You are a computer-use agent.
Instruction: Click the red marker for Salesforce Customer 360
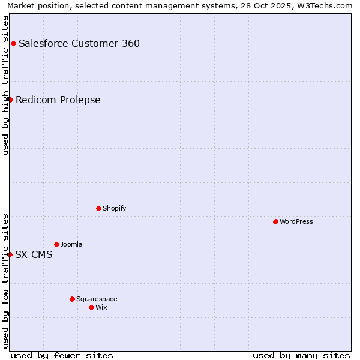click(13, 43)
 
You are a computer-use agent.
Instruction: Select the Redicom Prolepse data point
click(10, 100)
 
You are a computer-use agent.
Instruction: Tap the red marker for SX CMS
click(10, 254)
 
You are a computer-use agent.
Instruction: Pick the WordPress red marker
click(275, 221)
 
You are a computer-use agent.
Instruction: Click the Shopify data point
click(98, 208)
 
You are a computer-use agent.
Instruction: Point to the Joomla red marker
click(56, 244)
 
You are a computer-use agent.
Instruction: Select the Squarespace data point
click(72, 299)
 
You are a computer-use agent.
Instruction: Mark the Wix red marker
click(91, 307)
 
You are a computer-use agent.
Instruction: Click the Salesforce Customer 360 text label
click(79, 43)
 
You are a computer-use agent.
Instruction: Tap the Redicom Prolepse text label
click(58, 100)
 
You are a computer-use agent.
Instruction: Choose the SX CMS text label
click(34, 254)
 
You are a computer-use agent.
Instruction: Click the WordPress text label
click(296, 221)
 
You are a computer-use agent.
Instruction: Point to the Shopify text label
click(115, 208)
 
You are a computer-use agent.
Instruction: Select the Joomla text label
click(71, 244)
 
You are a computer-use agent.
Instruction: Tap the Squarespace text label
click(97, 299)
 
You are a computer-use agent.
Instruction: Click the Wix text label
click(101, 307)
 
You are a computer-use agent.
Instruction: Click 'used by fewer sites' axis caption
click(62, 355)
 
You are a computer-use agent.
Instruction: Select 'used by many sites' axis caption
click(301, 355)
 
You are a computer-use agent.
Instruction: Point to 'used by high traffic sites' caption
click(5, 85)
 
